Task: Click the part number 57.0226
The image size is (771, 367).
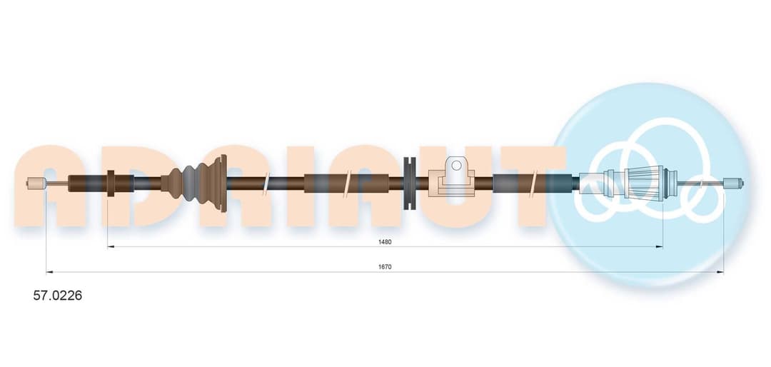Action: tap(58, 296)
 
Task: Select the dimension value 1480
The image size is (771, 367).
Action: tap(385, 241)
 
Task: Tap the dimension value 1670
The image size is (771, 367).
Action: tap(385, 266)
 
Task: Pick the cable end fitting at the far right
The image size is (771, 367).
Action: tap(733, 183)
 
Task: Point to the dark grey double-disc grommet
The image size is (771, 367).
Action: tap(409, 183)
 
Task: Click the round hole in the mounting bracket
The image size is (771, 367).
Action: tap(456, 166)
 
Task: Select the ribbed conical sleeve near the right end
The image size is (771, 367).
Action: tap(644, 183)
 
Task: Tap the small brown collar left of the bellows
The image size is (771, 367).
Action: tap(111, 183)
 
